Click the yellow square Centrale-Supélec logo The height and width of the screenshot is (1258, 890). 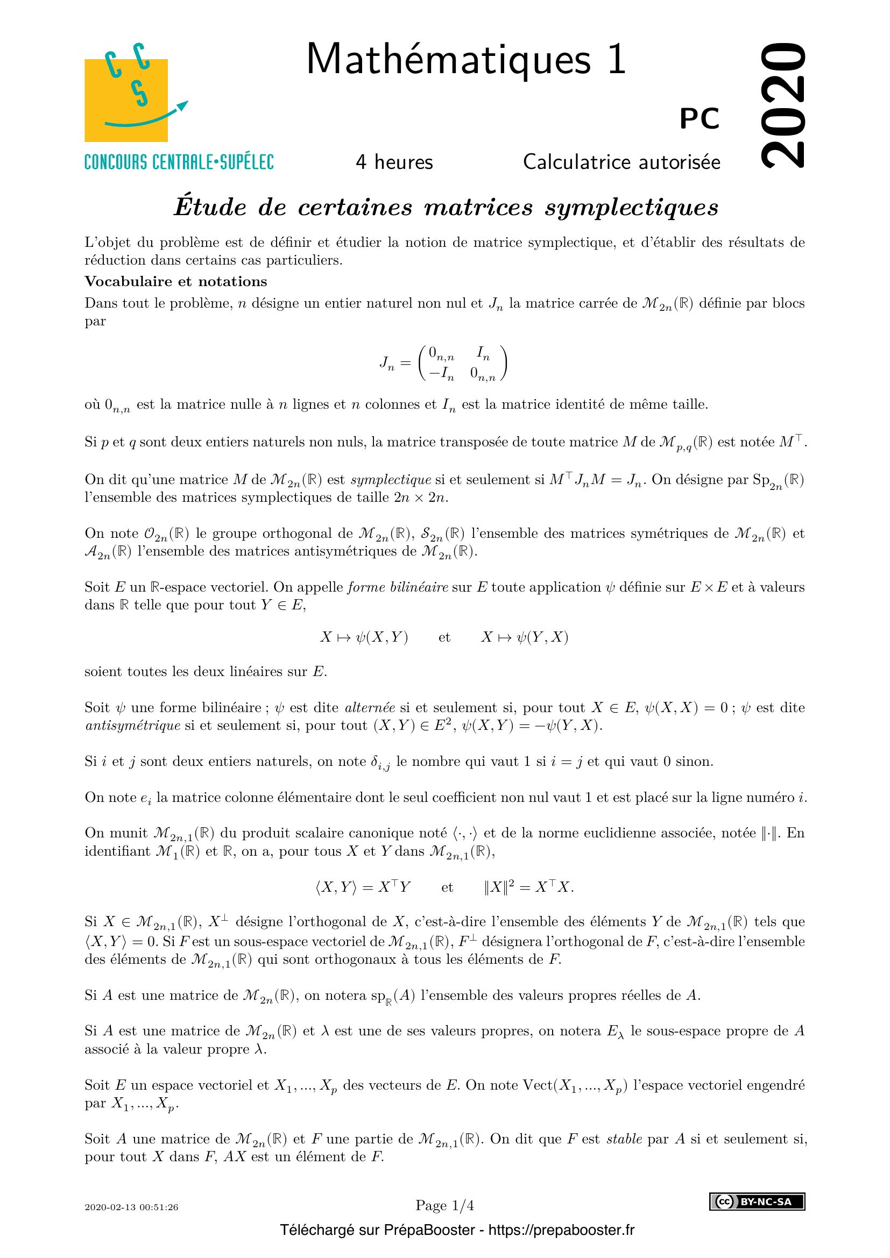pyautogui.click(x=126, y=100)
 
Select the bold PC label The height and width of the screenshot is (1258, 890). pyautogui.click(x=700, y=118)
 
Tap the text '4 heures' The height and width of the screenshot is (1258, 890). pyautogui.click(x=394, y=162)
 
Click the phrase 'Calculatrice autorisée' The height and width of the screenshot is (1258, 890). pyautogui.click(x=621, y=162)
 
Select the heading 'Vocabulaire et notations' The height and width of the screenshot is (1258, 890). pyautogui.click(x=176, y=281)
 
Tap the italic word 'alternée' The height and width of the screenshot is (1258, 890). pyautogui.click(x=370, y=707)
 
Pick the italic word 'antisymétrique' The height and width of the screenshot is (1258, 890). pyautogui.click(x=132, y=726)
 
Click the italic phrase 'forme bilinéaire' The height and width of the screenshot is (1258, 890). pyautogui.click(x=398, y=587)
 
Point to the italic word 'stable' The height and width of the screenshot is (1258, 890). pyautogui.click(x=624, y=1139)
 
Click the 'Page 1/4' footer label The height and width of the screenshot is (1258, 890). pyautogui.click(x=444, y=1205)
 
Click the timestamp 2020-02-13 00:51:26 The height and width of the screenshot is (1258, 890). pyautogui.click(x=131, y=1207)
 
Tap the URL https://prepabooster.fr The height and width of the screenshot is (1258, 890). pyautogui.click(x=561, y=1230)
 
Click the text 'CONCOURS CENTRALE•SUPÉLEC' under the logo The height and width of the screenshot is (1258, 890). pyautogui.click(x=179, y=163)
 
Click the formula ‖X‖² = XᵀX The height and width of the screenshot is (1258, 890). pyautogui.click(x=528, y=887)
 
